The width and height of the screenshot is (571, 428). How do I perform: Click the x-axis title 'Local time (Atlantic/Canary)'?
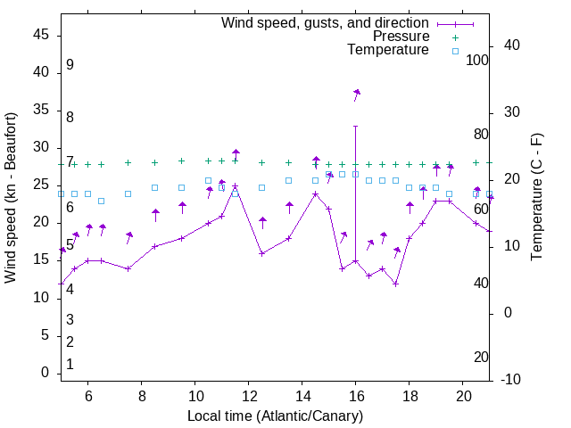275,416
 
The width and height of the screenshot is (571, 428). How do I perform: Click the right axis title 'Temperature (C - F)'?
536,197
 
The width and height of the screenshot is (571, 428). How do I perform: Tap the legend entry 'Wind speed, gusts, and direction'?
326,22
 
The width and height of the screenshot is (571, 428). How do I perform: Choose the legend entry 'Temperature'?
388,50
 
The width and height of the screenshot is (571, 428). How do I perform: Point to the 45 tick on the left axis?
41,35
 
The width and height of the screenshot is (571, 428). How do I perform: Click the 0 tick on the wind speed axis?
46,373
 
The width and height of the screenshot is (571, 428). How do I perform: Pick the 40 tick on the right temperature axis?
512,45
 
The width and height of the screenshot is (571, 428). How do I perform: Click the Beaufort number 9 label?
70,65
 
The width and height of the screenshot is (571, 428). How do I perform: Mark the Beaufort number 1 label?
70,365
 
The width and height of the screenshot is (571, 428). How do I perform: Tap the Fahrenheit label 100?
478,60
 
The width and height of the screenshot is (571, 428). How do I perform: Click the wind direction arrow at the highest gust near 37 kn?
356,94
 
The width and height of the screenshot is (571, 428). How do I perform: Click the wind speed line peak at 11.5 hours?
236,186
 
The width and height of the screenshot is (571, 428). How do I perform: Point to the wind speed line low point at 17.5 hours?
395,284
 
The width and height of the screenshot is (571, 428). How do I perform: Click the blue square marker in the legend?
455,51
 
